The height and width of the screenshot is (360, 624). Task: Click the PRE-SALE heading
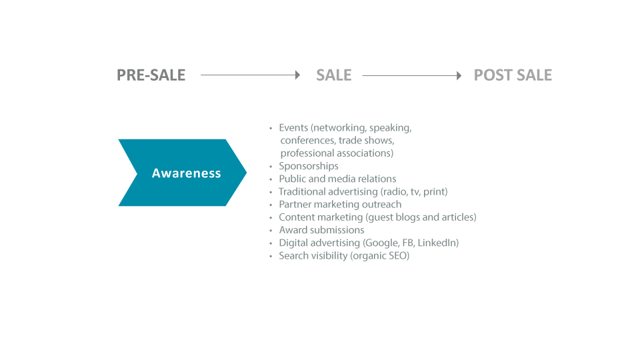(151, 75)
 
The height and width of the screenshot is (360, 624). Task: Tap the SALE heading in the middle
(334, 75)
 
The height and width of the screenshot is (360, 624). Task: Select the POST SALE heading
(513, 75)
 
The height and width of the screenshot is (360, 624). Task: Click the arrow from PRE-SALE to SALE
(250, 75)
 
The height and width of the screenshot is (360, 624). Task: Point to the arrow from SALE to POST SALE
(412, 75)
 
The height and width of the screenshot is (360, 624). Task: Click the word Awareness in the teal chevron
(186, 173)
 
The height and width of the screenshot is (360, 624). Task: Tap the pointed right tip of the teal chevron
(247, 173)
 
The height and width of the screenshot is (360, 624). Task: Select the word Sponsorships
(309, 166)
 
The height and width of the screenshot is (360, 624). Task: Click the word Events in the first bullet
(293, 128)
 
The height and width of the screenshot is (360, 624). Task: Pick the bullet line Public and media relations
(337, 179)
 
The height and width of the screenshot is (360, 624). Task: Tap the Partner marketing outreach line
(340, 205)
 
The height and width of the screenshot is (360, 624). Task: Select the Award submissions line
(321, 230)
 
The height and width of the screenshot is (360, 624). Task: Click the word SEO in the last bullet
(399, 256)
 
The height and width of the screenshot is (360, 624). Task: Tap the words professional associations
(337, 153)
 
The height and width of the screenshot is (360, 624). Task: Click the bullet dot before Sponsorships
(271, 166)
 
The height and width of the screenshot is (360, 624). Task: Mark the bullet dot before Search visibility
(271, 256)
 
